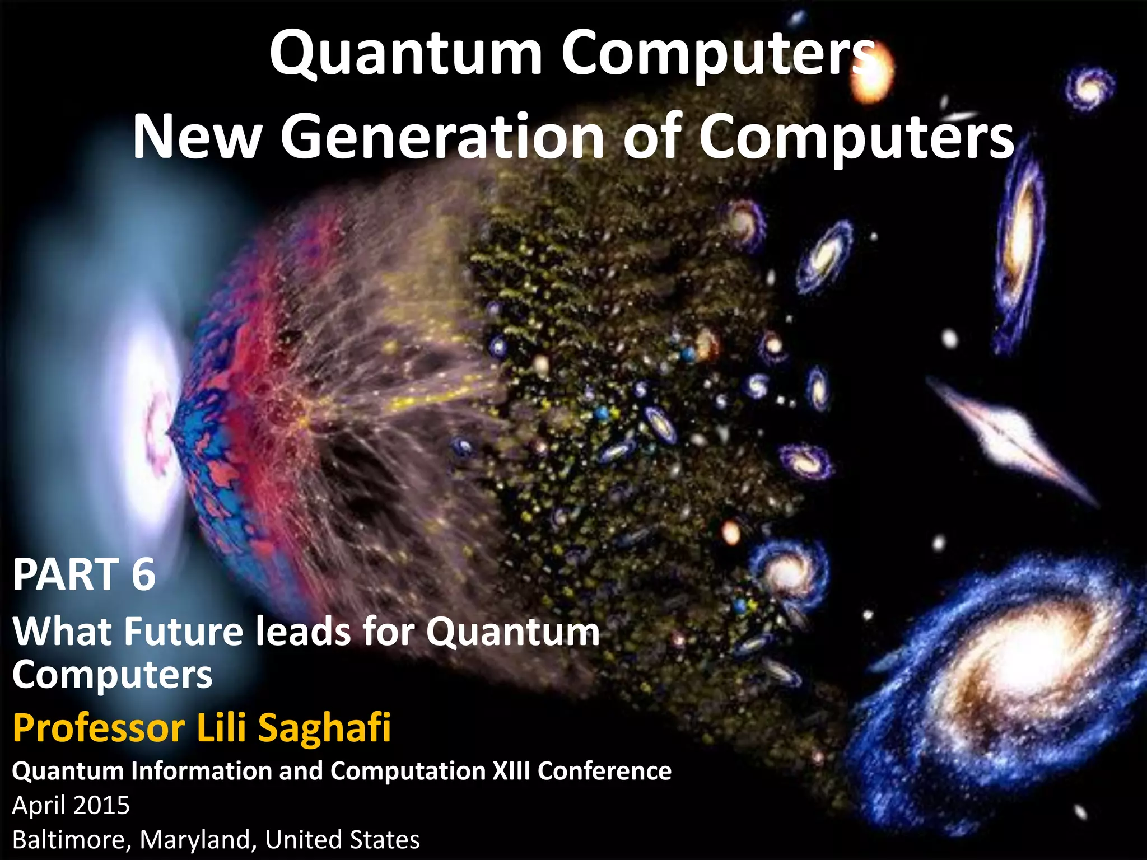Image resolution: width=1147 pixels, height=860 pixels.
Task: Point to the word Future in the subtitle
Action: pyautogui.click(x=184, y=632)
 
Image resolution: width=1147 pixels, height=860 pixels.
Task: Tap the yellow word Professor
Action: pyautogui.click(x=99, y=728)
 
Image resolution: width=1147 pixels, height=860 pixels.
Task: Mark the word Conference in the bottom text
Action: pyautogui.click(x=604, y=771)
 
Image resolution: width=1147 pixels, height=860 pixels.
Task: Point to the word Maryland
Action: pyautogui.click(x=197, y=840)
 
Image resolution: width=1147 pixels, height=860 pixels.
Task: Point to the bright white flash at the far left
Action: pyautogui.click(x=148, y=403)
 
